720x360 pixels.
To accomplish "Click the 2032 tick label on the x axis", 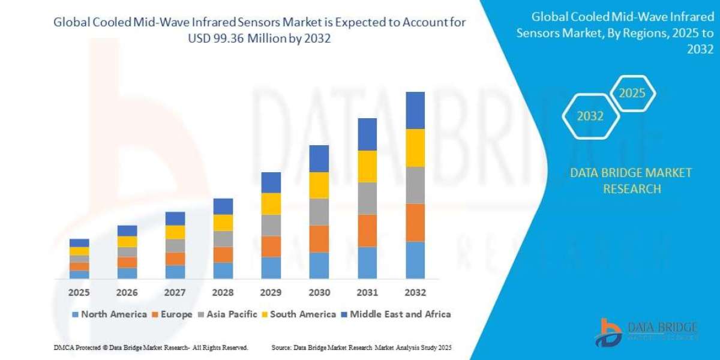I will pos(415,293).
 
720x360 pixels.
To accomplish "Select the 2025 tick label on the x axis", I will pos(79,293).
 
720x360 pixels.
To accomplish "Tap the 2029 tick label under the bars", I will pos(271,293).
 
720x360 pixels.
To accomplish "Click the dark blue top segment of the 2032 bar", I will pos(415,110).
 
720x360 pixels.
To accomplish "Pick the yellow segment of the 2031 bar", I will pos(367,166).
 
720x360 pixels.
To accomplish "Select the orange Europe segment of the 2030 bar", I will pos(319,239).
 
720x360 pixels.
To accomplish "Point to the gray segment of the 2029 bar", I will pos(271,226).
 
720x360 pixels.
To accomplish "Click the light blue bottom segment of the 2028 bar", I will pos(223,271).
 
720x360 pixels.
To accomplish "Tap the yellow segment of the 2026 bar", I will pos(127,242).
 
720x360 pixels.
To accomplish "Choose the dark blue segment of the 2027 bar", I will pos(175,218).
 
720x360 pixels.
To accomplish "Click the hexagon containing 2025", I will pos(632,94).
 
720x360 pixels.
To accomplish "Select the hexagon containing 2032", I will pos(590,116).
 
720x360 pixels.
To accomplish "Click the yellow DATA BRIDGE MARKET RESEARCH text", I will pos(631,181).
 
